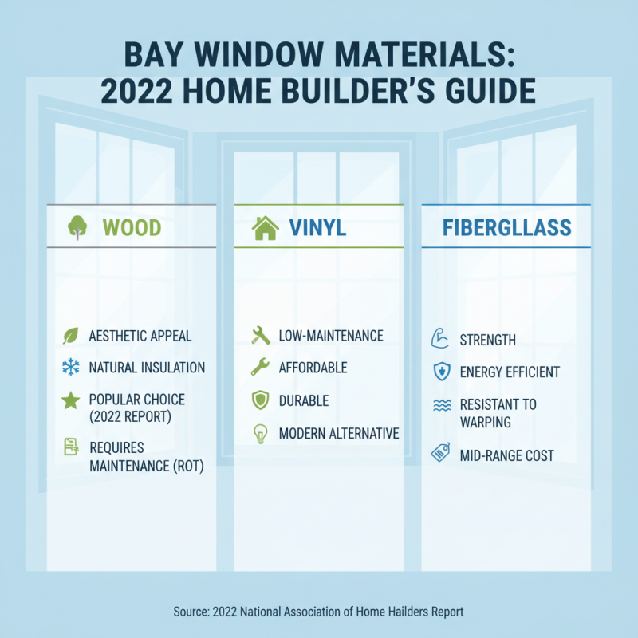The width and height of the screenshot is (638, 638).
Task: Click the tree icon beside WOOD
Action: [x=77, y=228]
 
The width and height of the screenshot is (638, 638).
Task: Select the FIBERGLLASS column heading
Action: [x=507, y=228]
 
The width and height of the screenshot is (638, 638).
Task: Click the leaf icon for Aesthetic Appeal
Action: [x=70, y=336]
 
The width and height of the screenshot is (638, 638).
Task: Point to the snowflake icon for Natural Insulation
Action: [x=70, y=368]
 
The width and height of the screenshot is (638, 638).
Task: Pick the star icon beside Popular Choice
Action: [x=70, y=400]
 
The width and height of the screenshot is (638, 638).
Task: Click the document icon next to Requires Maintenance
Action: [x=70, y=447]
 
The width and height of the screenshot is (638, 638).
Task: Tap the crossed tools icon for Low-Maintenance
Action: [x=260, y=336]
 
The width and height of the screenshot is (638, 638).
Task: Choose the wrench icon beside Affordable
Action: [x=260, y=368]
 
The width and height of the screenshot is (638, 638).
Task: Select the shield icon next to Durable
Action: [x=260, y=400]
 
